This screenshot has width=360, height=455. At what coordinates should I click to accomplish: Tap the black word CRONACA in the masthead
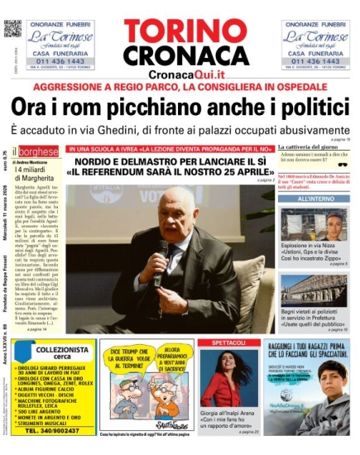tap(185, 55)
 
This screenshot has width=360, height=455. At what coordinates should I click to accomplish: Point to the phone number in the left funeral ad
tap(60, 60)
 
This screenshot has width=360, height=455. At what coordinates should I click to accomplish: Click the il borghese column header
tap(39, 151)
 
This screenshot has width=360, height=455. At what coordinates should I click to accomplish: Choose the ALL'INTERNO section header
tap(315, 199)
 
